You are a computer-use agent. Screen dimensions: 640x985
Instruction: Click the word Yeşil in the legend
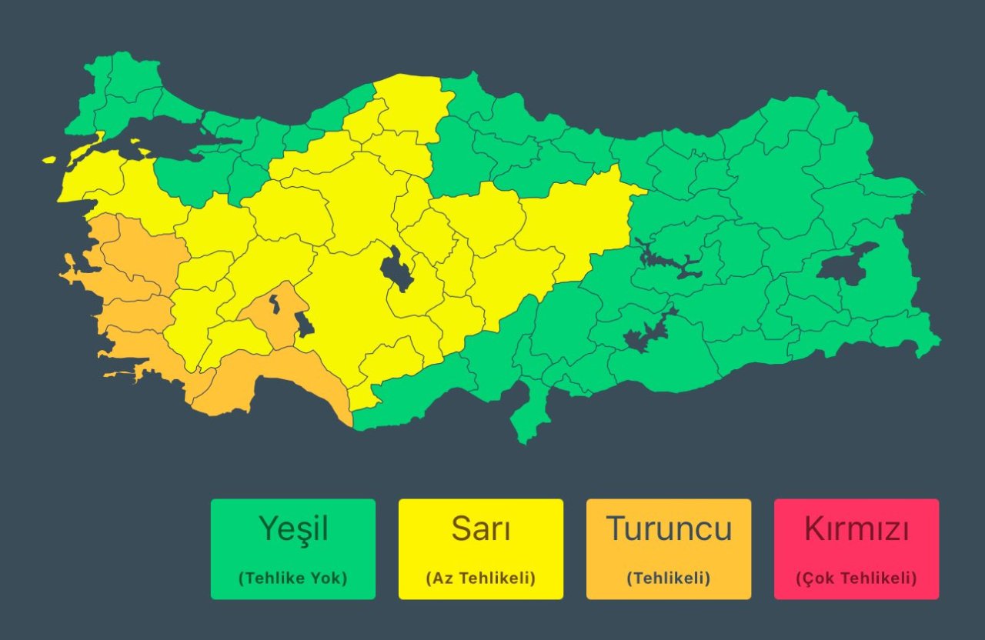tap(293, 529)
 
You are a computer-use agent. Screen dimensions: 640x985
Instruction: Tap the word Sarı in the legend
tap(481, 529)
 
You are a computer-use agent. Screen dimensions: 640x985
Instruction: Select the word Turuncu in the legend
tap(668, 529)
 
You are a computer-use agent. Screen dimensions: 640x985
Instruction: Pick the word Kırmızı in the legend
tap(856, 529)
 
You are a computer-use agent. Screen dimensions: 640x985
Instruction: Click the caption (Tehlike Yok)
tap(293, 578)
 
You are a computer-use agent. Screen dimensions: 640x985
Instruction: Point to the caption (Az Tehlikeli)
tap(481, 578)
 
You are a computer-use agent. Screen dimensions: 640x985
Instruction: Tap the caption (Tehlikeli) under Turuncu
tap(668, 578)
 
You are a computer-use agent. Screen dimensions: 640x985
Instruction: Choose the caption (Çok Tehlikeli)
tap(856, 578)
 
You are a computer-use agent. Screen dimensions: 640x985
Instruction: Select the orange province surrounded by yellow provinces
tap(271, 312)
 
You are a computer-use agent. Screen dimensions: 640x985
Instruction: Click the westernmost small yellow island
tap(50, 160)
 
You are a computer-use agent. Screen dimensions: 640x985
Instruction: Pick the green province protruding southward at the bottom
tap(531, 415)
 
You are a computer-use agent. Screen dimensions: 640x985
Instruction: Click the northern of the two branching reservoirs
tap(669, 262)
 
